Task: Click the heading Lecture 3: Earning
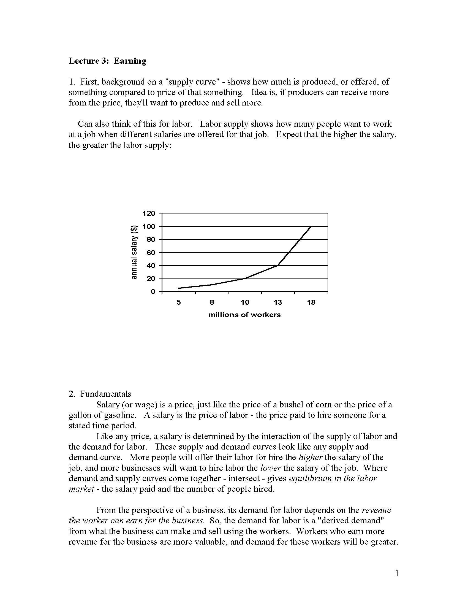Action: (x=107, y=61)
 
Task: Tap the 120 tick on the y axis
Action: (x=149, y=213)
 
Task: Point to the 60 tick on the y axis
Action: (x=151, y=253)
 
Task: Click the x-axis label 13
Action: (x=278, y=302)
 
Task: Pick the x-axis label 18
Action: (x=311, y=302)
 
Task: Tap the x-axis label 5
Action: (x=179, y=302)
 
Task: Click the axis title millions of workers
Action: (x=244, y=315)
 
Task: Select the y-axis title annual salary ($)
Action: (x=134, y=252)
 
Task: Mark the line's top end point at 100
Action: (x=311, y=226)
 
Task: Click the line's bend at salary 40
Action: (x=278, y=265)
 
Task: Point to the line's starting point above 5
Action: (x=179, y=288)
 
